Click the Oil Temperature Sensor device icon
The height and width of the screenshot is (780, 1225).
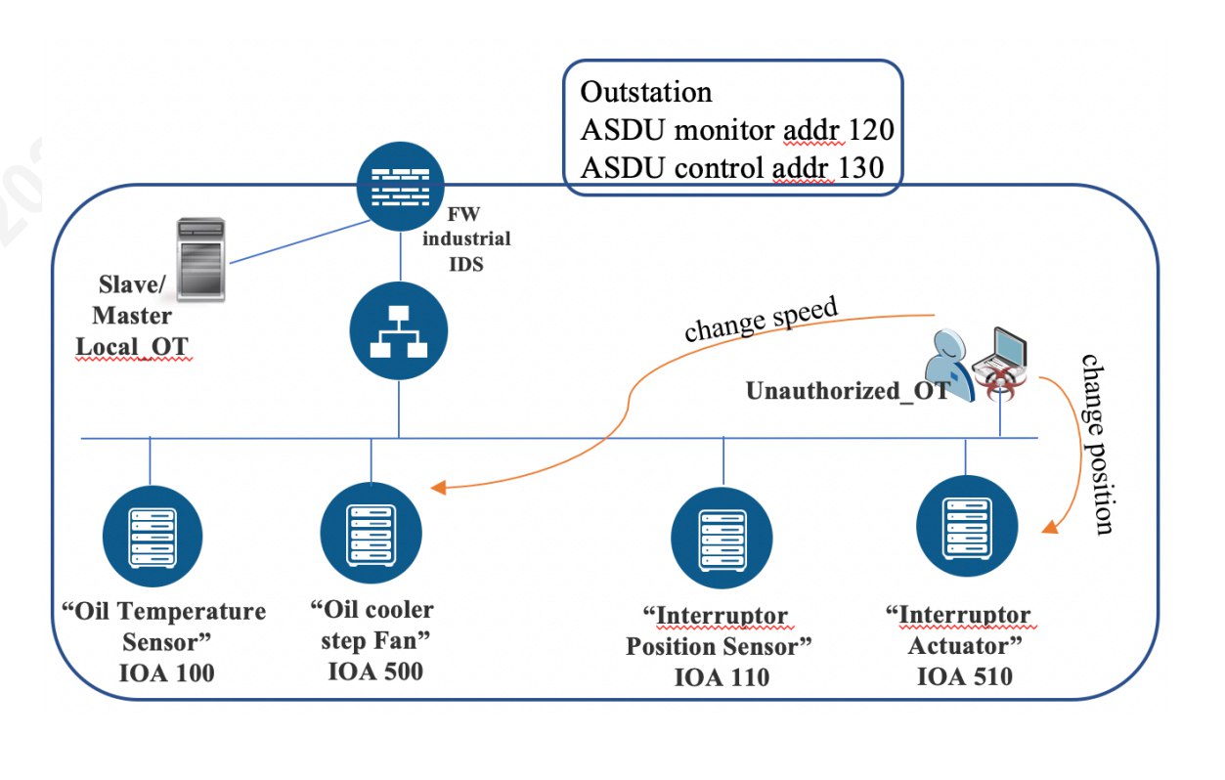[152, 535]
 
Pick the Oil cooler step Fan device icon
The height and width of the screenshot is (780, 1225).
[371, 532]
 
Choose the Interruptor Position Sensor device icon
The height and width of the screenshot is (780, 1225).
[722, 539]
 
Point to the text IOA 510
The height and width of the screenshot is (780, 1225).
[964, 676]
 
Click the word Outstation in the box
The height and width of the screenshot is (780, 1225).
[646, 93]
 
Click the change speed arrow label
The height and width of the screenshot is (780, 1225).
[762, 321]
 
